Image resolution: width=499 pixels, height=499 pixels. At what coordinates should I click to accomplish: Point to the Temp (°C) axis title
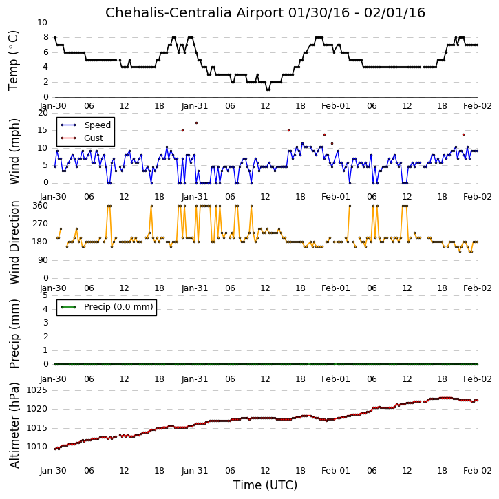pos(13,61)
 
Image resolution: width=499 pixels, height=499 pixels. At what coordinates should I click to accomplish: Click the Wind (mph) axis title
pos(14,151)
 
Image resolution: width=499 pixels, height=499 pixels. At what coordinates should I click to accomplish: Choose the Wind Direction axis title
pos(14,242)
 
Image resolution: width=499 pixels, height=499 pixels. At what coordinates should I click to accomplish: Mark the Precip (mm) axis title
pos(14,334)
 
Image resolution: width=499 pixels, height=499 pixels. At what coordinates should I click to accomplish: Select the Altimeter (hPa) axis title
pos(14,425)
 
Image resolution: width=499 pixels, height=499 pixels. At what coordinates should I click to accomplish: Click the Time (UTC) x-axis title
pos(265,485)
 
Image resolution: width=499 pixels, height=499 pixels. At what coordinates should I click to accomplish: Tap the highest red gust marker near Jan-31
pos(196,123)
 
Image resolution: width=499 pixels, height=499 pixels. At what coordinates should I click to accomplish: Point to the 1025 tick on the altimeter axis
pos(36,390)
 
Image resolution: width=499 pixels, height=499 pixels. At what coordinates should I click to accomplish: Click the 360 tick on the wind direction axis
pos(41,206)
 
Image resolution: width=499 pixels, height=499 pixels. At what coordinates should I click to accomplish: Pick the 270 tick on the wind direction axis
pos(41,224)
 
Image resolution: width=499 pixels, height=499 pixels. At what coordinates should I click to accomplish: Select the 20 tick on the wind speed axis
pos(43,113)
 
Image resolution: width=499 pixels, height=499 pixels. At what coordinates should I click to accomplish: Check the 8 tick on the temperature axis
pos(46,37)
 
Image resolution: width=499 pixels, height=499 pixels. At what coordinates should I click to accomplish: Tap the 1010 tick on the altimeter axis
pos(36,447)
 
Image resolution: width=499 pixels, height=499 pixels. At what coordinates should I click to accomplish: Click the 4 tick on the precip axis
pos(45,309)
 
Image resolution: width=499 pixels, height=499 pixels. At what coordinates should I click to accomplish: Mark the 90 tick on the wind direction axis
pos(43,260)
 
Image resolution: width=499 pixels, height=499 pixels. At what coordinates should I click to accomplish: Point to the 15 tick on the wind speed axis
pos(43,130)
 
